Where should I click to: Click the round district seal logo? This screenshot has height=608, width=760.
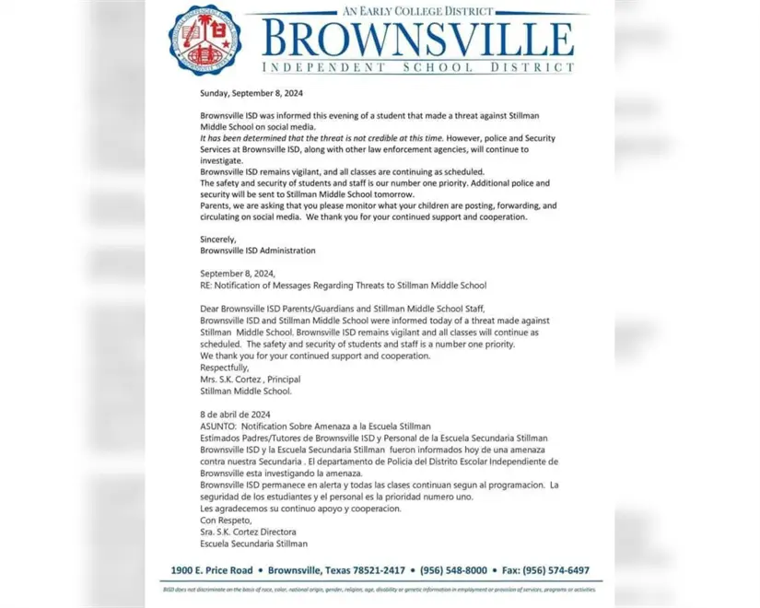click(x=205, y=41)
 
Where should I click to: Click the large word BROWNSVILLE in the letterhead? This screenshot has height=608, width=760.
click(x=417, y=39)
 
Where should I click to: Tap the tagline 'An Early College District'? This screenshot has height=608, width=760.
click(x=418, y=10)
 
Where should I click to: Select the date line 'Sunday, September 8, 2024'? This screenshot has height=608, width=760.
click(x=251, y=93)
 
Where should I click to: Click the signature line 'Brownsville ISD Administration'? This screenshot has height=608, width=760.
click(x=257, y=251)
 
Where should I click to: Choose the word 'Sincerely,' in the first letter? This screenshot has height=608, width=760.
click(x=218, y=240)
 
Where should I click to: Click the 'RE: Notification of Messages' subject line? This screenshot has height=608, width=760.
click(x=343, y=286)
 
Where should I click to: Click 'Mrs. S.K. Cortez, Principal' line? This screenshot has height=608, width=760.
click(x=250, y=379)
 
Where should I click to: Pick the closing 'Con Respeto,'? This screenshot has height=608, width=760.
click(x=226, y=520)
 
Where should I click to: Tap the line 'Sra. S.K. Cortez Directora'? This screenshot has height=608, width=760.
click(x=248, y=532)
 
